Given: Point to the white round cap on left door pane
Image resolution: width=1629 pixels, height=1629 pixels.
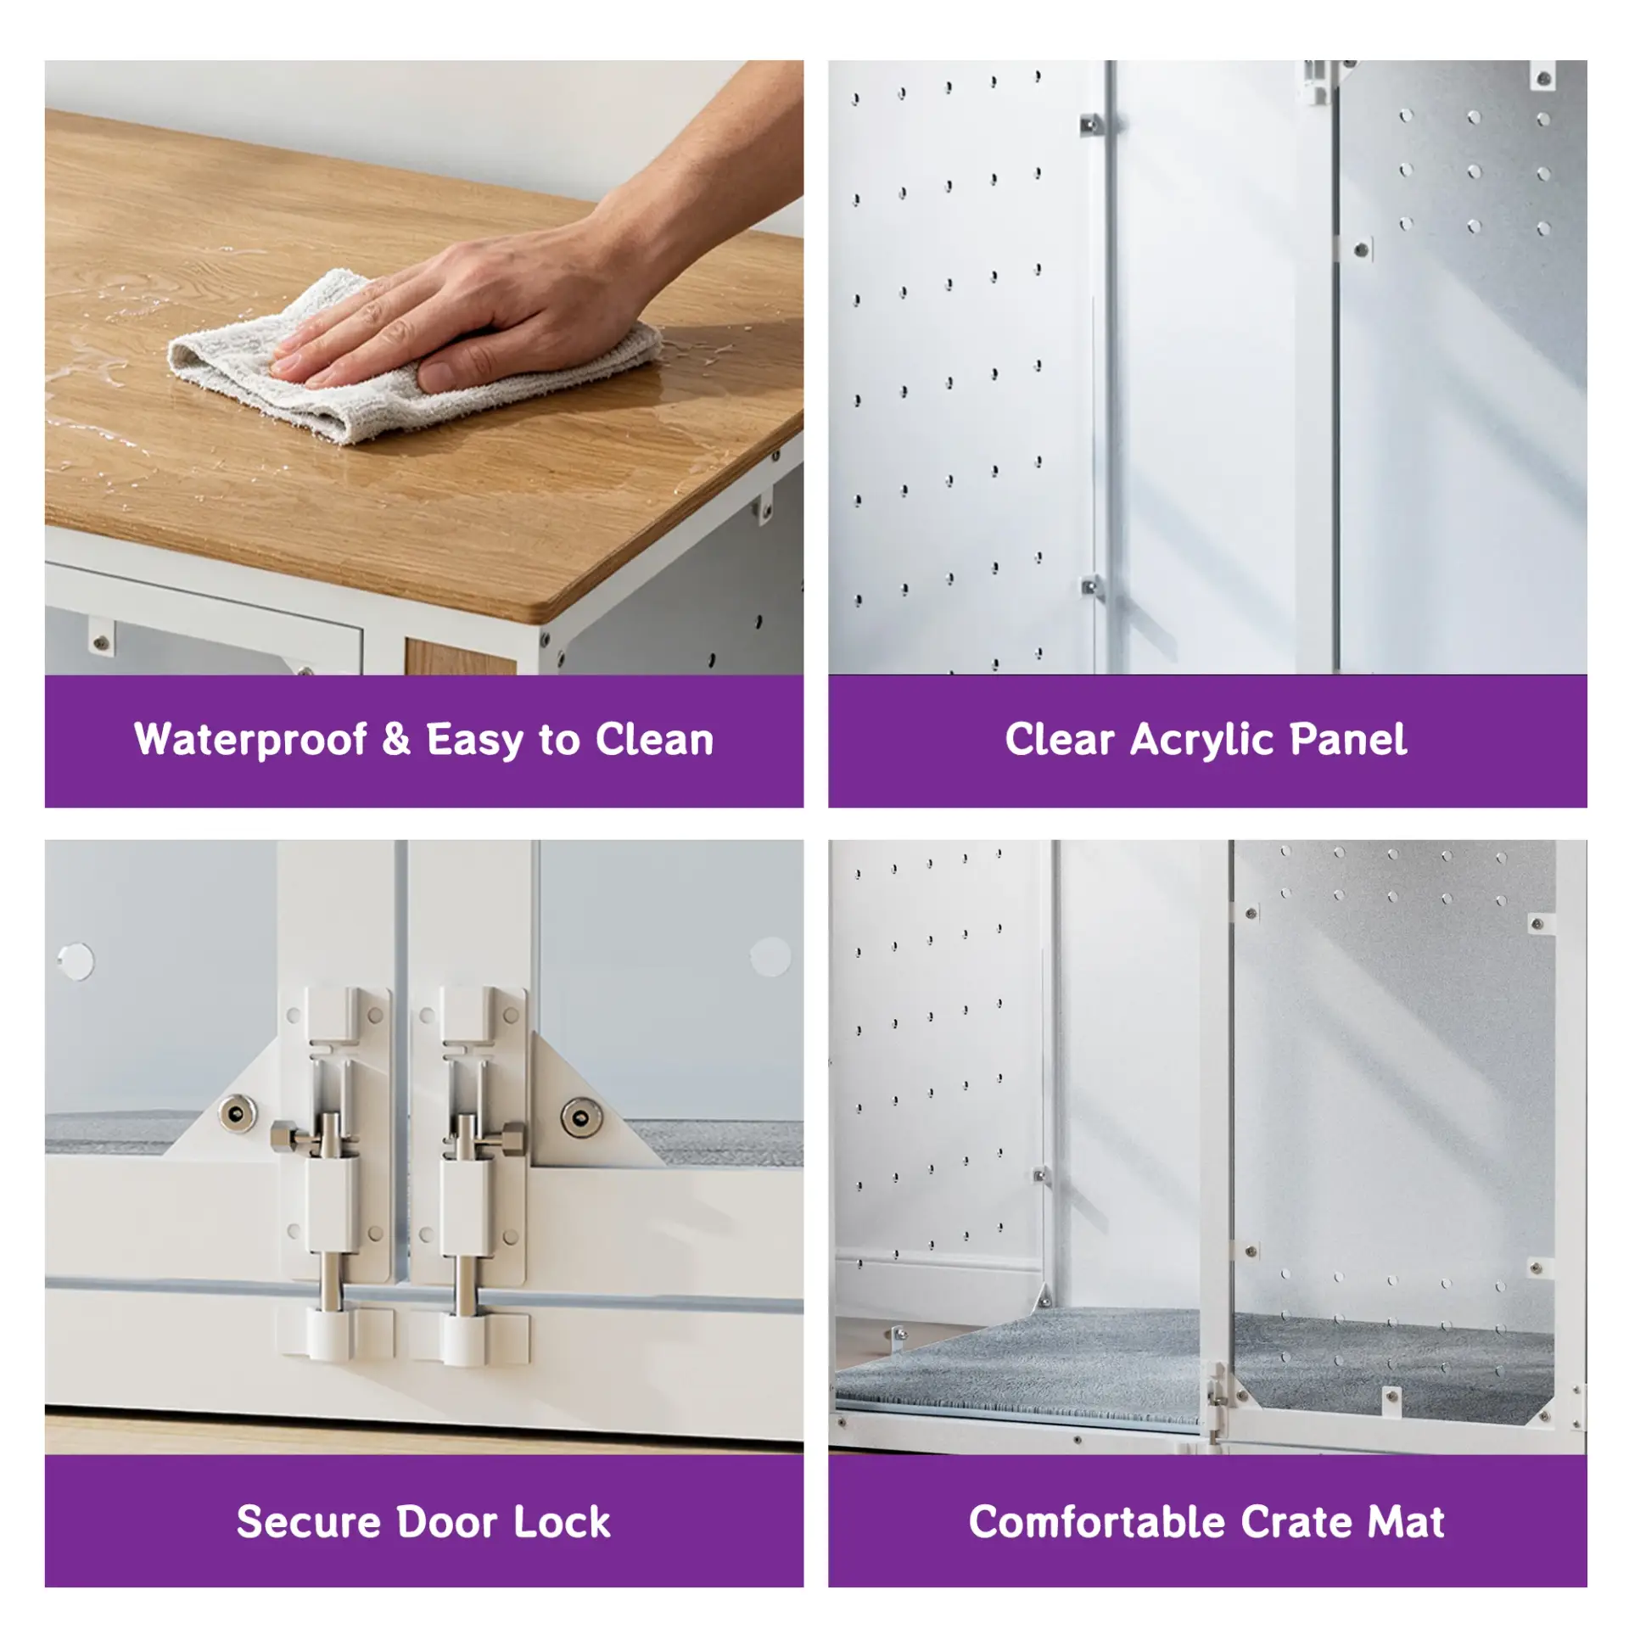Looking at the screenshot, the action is click(x=76, y=960).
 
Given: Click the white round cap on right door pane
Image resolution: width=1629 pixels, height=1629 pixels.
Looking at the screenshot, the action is click(x=770, y=957).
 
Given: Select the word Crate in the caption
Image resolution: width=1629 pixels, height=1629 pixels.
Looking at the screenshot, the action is click(x=1297, y=1521).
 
